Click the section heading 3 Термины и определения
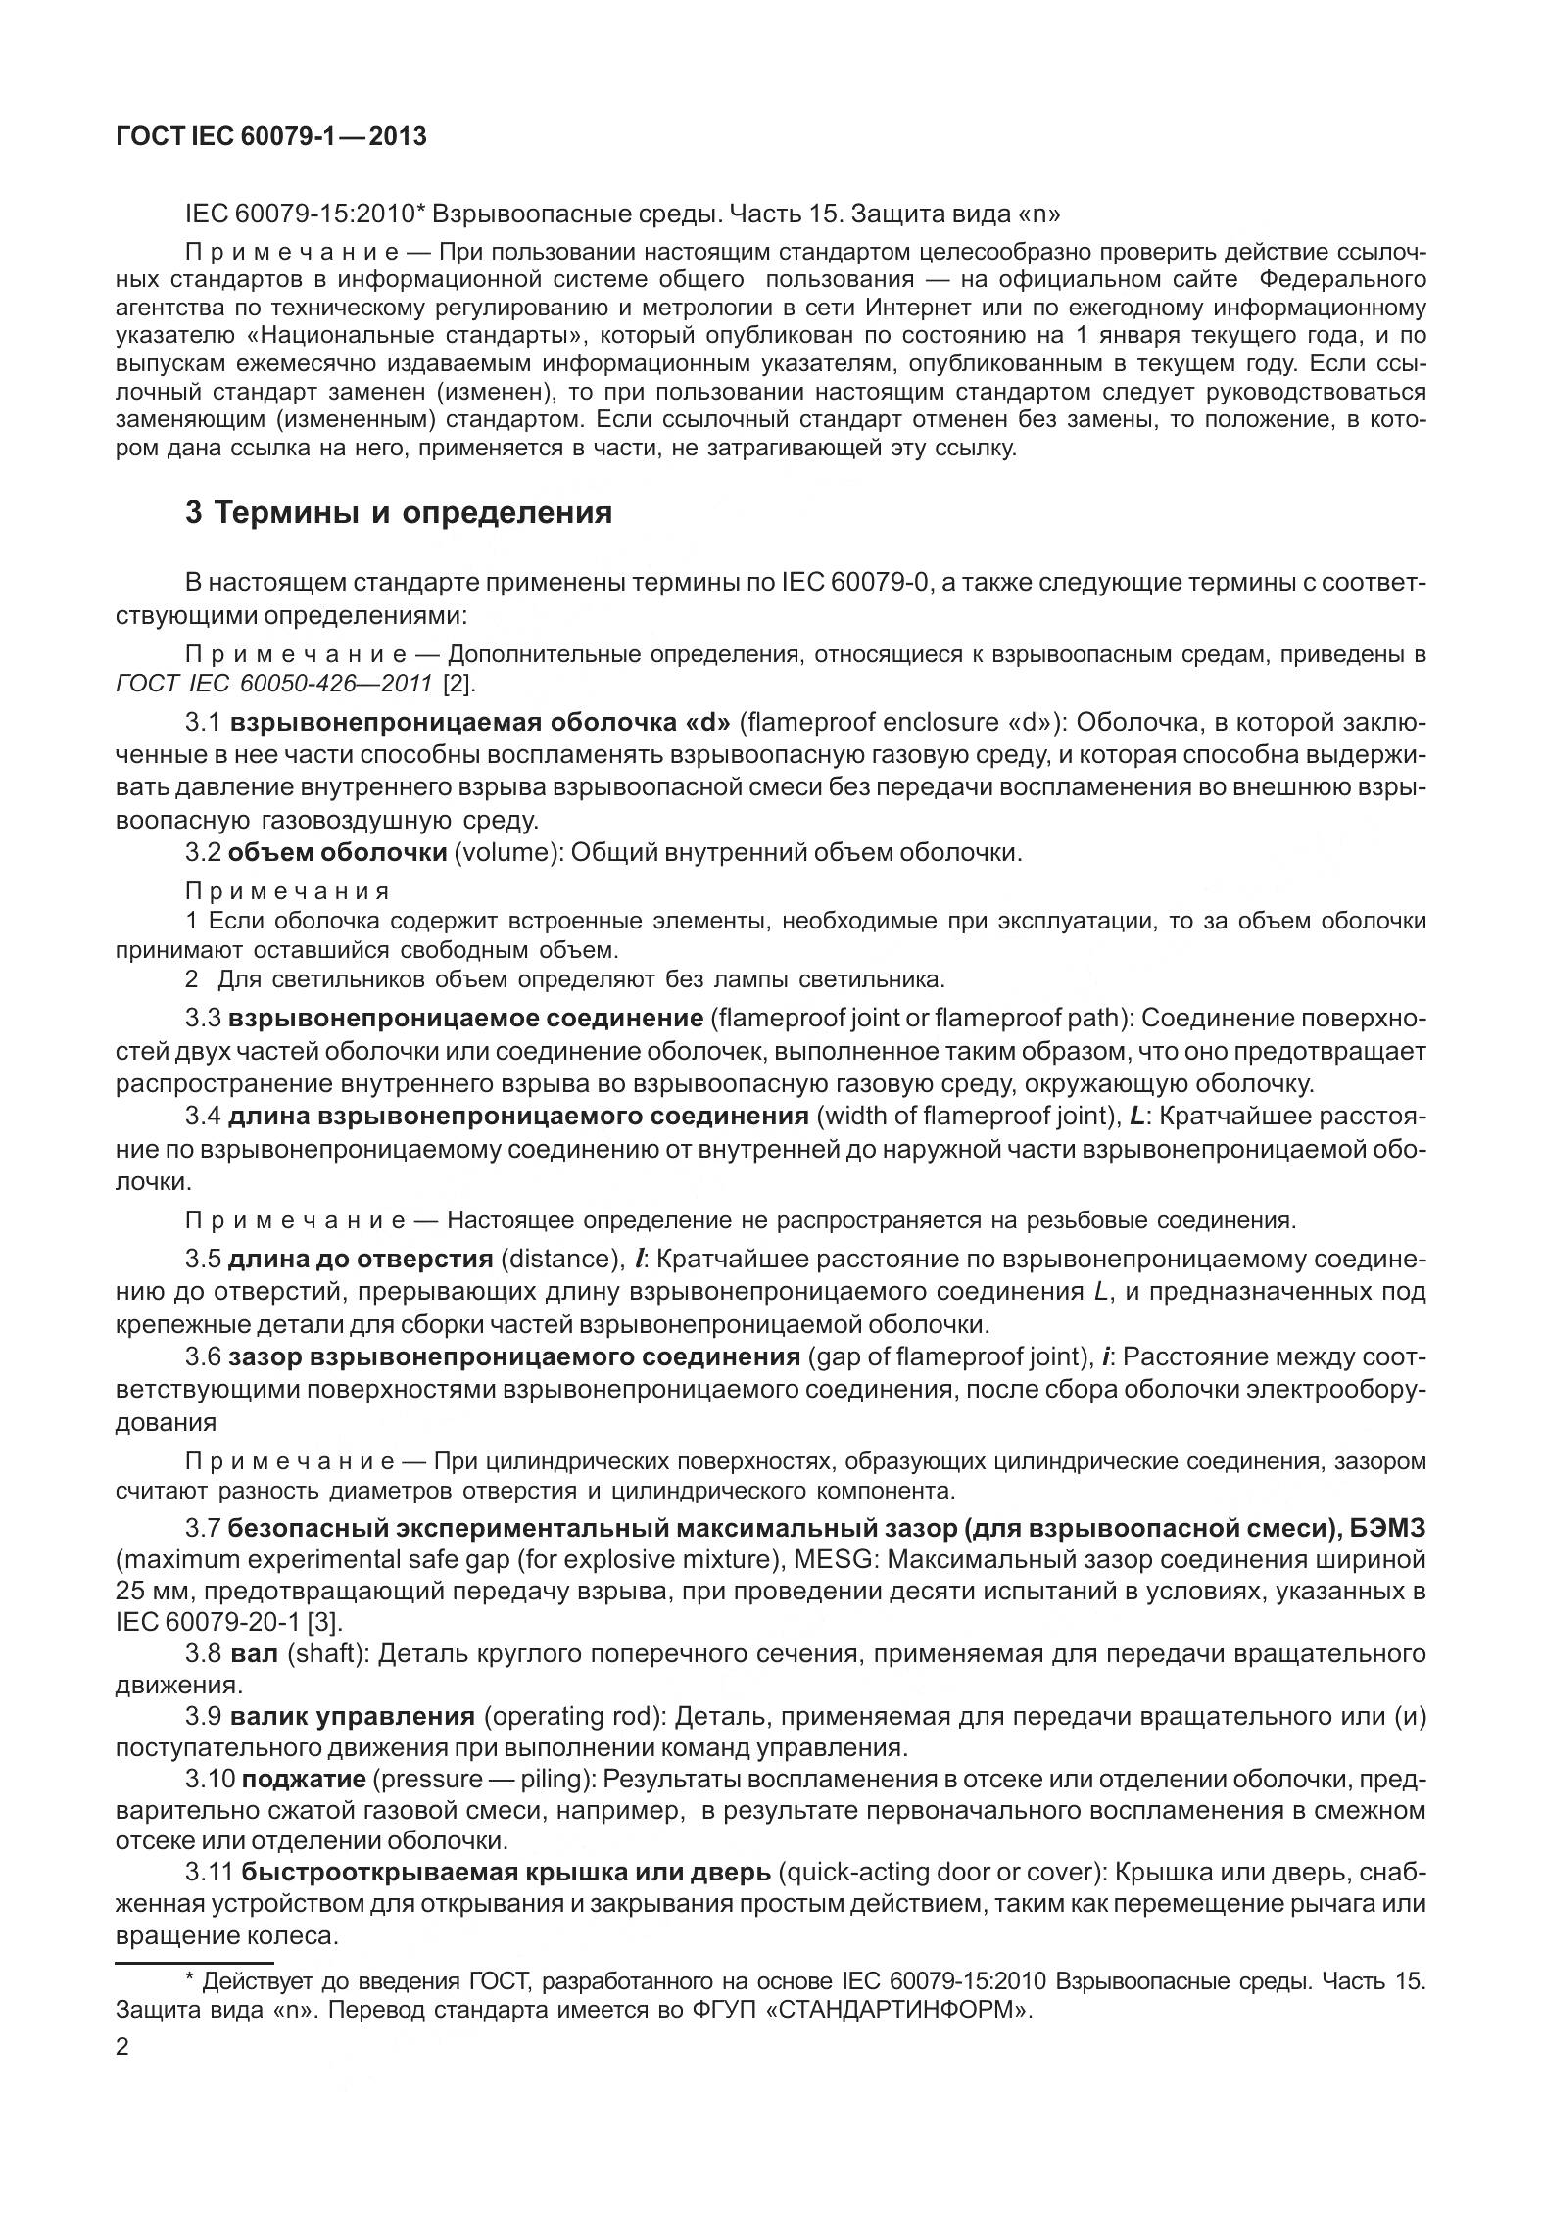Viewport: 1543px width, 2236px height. [x=399, y=512]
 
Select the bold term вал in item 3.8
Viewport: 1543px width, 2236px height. [x=255, y=1653]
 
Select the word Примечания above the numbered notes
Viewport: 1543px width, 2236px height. [x=287, y=891]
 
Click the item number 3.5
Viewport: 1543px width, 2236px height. [x=203, y=1259]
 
